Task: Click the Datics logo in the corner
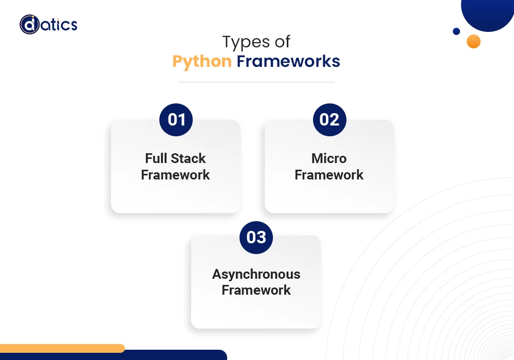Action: tap(49, 25)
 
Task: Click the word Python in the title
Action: tap(201, 61)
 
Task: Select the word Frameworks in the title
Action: tap(288, 61)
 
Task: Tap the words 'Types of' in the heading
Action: tap(256, 42)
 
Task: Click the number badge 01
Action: tap(176, 120)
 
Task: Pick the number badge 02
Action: tap(329, 120)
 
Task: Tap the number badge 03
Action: tap(256, 237)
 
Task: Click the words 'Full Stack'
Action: tap(175, 158)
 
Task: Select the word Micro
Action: tap(329, 158)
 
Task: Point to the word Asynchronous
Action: tap(256, 274)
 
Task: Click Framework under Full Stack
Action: tap(175, 175)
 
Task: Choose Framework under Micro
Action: tap(329, 175)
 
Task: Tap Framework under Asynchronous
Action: tap(256, 290)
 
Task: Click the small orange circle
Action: tap(473, 42)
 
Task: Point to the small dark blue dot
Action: tap(456, 31)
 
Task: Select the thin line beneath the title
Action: tap(256, 82)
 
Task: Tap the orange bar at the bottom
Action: tap(62, 348)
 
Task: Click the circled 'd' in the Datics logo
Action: tap(29, 25)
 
